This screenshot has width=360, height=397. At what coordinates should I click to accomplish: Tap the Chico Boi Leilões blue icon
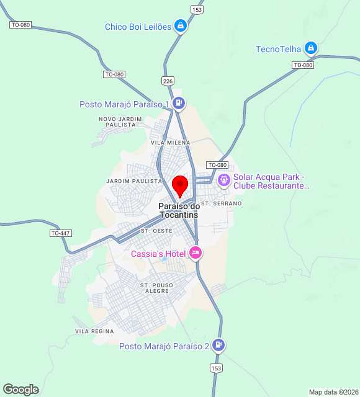point(180,26)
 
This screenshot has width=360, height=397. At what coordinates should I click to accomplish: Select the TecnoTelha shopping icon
point(311,48)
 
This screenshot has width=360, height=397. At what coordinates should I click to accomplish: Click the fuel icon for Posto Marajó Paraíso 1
point(179,104)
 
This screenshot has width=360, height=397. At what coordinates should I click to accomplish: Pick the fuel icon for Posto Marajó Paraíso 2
point(218,345)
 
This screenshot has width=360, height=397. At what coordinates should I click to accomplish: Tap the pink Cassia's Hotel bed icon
point(195,252)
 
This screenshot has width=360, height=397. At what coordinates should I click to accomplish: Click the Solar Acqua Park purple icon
point(223,181)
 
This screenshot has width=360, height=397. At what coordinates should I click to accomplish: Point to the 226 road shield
point(168,81)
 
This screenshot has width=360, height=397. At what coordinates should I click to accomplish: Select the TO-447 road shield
point(60,233)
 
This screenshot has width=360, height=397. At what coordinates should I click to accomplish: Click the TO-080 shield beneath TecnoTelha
point(303,65)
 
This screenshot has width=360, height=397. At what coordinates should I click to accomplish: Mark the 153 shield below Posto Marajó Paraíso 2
point(216,368)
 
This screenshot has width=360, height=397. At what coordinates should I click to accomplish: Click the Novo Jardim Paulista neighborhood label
point(117,122)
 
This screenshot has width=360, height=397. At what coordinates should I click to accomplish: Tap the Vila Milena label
point(171,143)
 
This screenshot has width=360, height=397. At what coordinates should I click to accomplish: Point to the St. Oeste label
point(157,231)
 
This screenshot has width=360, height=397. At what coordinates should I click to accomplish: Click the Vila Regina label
point(94,332)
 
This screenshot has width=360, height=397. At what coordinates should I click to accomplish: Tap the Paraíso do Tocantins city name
point(179,210)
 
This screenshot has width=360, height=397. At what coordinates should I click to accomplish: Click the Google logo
point(20,390)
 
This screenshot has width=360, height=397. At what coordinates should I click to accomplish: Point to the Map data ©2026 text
point(333,392)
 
